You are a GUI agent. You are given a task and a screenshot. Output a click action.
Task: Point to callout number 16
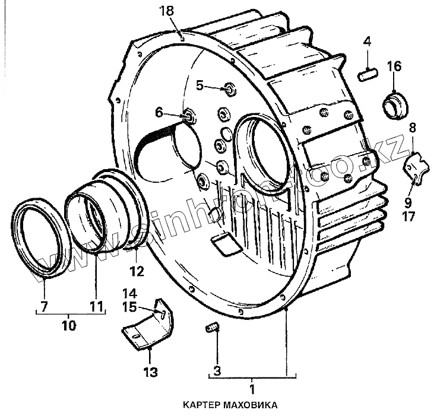394,65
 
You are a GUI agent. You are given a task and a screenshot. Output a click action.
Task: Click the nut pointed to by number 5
229,90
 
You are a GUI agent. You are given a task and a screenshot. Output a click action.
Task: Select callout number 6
159,112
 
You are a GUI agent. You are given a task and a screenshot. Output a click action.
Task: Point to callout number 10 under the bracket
69,325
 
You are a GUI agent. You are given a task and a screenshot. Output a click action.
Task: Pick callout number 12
137,272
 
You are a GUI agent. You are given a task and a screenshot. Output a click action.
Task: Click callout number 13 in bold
150,372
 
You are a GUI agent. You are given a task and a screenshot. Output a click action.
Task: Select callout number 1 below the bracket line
252,390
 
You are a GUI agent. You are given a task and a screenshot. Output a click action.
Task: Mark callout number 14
129,293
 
